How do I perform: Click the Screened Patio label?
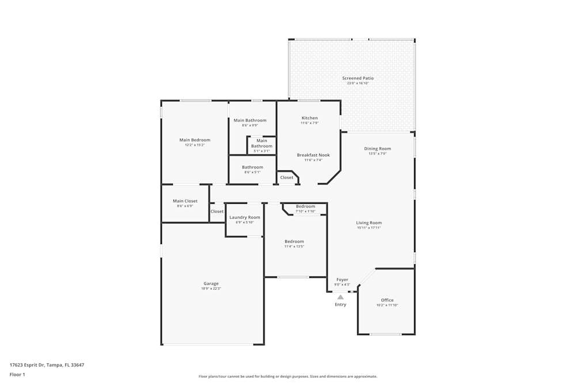[358, 78]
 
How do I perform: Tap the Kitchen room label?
[309, 118]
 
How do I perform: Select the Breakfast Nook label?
[313, 155]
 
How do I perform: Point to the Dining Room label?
[377, 149]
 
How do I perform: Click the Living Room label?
[369, 223]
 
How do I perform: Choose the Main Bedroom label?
[195, 140]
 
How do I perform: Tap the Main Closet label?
[185, 201]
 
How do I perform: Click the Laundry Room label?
[245, 217]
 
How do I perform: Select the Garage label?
[211, 283]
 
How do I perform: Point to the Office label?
[387, 300]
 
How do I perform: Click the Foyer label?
[342, 280]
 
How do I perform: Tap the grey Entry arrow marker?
[340, 297]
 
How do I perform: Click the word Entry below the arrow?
[340, 305]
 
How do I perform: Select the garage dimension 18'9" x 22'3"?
[211, 288]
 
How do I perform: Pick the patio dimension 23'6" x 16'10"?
[358, 83]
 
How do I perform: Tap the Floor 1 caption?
[17, 374]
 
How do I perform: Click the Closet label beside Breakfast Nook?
[287, 177]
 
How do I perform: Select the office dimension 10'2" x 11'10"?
[387, 305]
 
